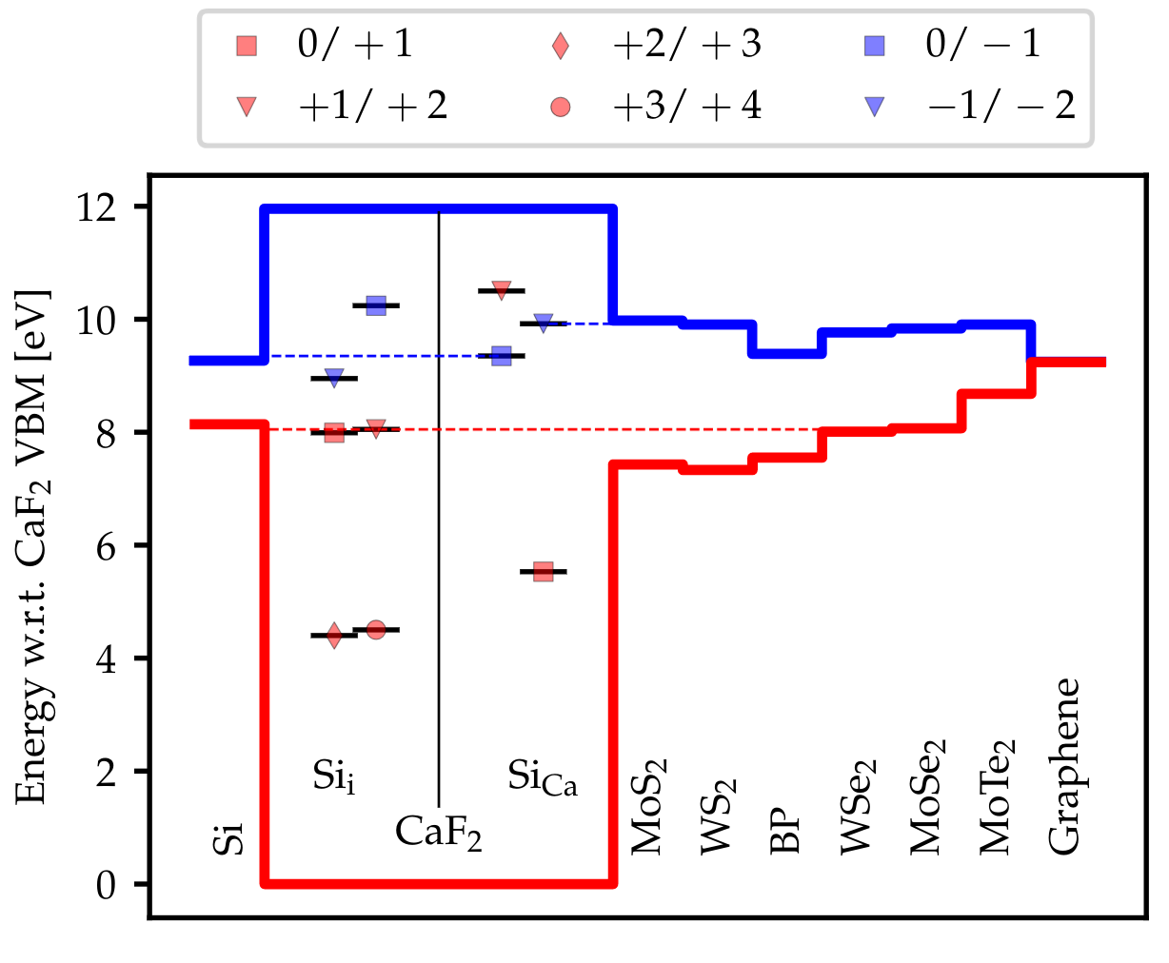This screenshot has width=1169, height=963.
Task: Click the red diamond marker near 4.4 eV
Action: coord(334,636)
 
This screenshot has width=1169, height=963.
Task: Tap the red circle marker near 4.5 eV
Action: coord(376,629)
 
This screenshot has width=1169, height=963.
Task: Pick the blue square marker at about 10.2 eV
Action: coord(376,305)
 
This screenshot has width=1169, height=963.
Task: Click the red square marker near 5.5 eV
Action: coord(544,571)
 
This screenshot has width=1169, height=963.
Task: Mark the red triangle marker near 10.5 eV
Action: coord(502,289)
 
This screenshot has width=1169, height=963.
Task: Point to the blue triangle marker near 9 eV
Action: coord(334,379)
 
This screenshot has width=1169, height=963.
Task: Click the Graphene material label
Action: coord(1063,766)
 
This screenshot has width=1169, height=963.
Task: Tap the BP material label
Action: coord(785,832)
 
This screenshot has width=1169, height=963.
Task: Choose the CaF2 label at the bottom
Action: coord(438,833)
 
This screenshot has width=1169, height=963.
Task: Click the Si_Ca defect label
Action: coord(542,777)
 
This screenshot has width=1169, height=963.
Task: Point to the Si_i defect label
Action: coord(334,777)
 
